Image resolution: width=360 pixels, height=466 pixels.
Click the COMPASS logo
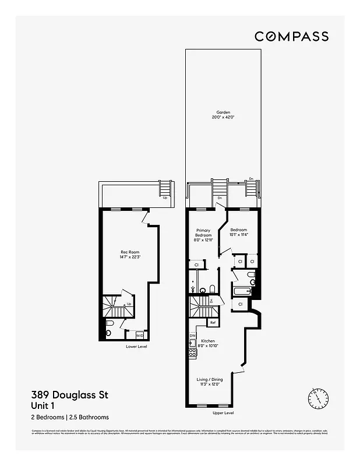pos(291,36)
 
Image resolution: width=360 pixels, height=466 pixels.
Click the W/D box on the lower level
pos(140,336)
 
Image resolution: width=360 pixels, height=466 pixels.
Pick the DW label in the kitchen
pos(192,336)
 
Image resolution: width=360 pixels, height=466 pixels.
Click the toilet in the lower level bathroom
pos(110,333)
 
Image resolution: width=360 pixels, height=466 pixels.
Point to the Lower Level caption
pos(136,347)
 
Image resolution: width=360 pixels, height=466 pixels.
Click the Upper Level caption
pos(223,413)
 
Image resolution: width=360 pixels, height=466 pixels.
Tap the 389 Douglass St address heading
pos(69,396)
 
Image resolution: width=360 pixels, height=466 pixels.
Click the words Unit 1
pos(43,405)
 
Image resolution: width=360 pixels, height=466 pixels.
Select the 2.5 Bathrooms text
pos(89,417)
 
